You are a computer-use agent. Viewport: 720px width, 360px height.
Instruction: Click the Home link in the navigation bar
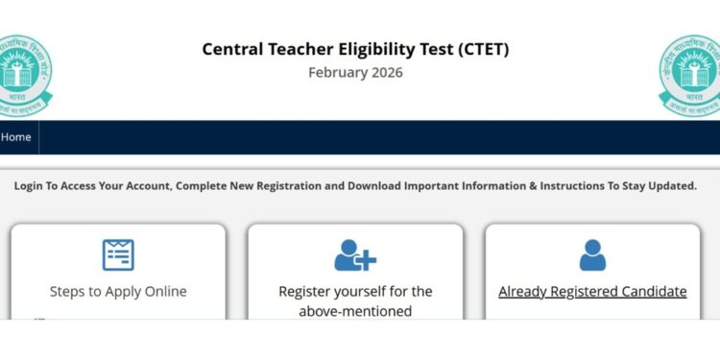pyautogui.click(x=15, y=137)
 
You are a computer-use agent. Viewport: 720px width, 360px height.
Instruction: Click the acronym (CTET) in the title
pyautogui.click(x=478, y=50)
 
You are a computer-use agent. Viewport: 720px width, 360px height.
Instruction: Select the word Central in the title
pyautogui.click(x=236, y=50)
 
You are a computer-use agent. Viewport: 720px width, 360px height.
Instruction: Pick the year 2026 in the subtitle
pyautogui.click(x=388, y=73)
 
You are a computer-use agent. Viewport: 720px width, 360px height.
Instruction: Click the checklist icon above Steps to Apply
pyautogui.click(x=118, y=254)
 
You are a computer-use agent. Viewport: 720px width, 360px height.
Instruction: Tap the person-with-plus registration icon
pyautogui.click(x=355, y=254)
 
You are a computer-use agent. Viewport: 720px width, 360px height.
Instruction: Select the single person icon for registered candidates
pyautogui.click(x=592, y=254)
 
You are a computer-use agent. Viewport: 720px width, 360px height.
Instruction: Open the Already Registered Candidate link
pyautogui.click(x=592, y=291)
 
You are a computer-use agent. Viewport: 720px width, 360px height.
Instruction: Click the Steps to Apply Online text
pyautogui.click(x=118, y=291)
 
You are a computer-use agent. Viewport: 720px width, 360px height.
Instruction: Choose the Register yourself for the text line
pyautogui.click(x=355, y=291)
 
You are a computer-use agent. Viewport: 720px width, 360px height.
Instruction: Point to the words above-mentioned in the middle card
pyautogui.click(x=355, y=311)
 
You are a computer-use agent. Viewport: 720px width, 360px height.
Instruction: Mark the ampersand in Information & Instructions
pyautogui.click(x=533, y=185)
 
